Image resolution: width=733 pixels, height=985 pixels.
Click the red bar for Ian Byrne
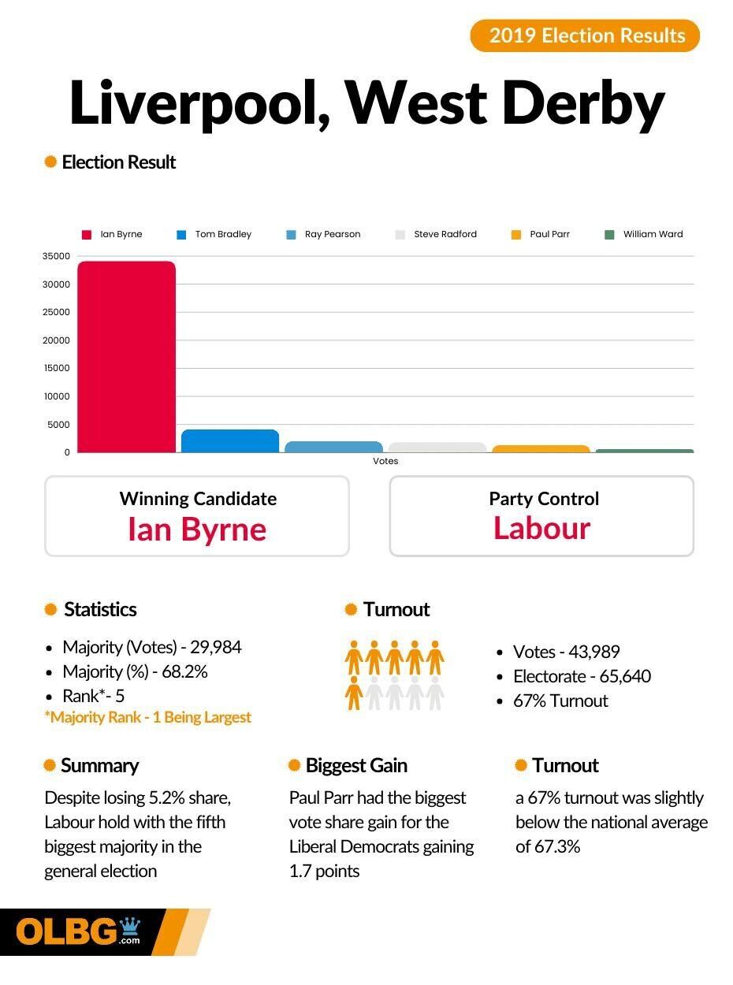126,356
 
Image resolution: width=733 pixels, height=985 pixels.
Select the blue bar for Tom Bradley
230,441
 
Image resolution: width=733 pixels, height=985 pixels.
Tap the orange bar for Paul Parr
541,449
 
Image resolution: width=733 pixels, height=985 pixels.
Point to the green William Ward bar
645,451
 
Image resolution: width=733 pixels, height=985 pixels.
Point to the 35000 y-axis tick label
56,256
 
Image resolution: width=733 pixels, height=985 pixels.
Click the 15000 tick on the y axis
56,368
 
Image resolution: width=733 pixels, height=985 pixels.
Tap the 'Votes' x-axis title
385,461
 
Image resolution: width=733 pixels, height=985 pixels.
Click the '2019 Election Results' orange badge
585,35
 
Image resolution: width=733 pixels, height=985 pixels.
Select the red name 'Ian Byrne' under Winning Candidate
197,529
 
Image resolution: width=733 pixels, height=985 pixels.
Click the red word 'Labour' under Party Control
541,528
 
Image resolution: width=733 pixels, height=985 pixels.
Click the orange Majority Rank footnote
147,717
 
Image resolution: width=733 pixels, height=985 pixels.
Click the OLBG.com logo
79,932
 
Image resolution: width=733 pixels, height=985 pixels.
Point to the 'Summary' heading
99,765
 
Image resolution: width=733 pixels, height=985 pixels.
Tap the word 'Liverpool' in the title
197,104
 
